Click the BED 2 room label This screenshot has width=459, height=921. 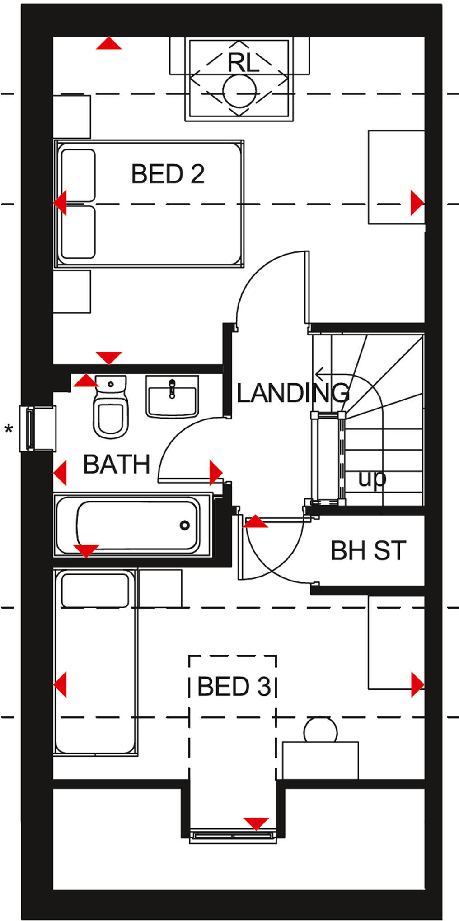coord(168,174)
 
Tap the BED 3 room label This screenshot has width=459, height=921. coord(234,687)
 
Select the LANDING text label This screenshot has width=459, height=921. coord(293,393)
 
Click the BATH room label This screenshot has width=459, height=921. coord(117,464)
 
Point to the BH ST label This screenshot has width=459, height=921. coord(368,550)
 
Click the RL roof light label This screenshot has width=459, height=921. coord(243,63)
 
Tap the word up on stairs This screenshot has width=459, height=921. coord(372,479)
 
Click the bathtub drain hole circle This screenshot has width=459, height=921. coord(184,525)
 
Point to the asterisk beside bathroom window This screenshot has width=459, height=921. coord(9,429)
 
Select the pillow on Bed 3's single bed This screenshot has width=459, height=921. coord(95,590)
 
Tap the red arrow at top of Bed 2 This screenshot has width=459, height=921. coord(109,44)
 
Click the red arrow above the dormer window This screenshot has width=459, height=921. coord(256,823)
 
